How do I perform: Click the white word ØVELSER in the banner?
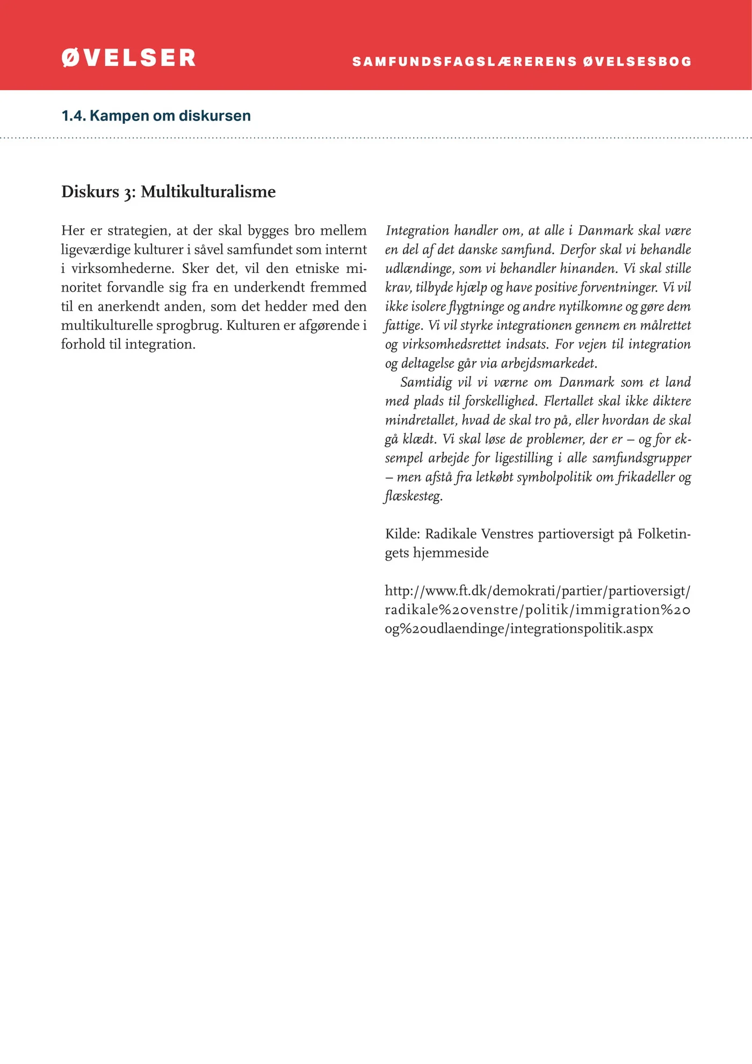128,58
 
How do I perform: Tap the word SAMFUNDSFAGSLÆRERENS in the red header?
465,62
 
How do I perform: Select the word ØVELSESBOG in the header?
638,62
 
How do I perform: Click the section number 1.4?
74,116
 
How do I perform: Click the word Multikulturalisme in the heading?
208,192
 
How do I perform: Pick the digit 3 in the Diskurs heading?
129,193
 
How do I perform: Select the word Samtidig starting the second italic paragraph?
426,383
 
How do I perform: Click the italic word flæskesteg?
414,496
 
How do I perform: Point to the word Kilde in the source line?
402,534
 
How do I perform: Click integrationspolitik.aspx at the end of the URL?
581,629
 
